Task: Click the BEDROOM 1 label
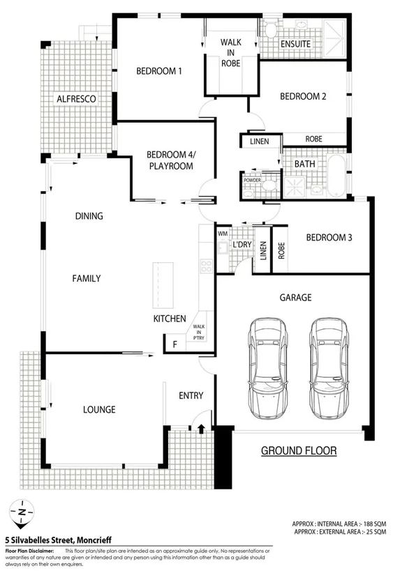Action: tap(158, 70)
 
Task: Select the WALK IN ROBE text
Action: tap(231, 52)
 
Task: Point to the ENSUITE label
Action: tap(295, 44)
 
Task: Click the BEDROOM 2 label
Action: tap(303, 97)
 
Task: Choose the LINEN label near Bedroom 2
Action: tap(259, 142)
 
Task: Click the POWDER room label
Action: tap(251, 180)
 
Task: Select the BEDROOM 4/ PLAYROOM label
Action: tap(170, 160)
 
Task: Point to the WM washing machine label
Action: tap(223, 234)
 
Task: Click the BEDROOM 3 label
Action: tap(329, 238)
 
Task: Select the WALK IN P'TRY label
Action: tap(199, 332)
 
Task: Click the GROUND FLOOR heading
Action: tap(298, 451)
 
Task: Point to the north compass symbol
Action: tap(22, 514)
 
